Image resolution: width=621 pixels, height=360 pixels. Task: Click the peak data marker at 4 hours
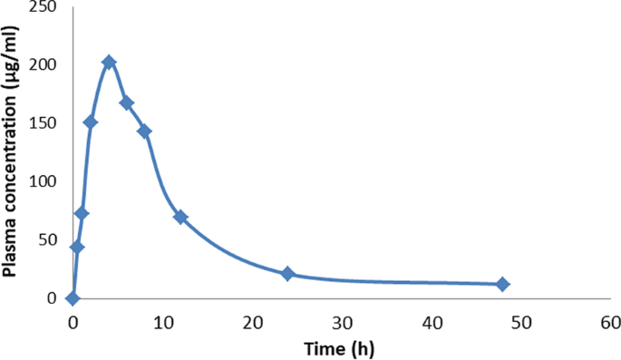click(109, 63)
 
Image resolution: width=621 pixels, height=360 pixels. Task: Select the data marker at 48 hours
click(502, 284)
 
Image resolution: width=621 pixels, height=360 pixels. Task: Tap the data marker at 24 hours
click(287, 273)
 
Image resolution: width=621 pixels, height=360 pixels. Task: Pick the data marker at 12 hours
click(180, 217)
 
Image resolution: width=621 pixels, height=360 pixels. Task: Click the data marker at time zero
click(73, 297)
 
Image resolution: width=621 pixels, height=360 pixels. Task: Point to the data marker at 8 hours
click(144, 131)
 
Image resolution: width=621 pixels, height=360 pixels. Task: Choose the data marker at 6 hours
click(127, 102)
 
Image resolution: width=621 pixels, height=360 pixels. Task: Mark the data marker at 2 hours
click(91, 122)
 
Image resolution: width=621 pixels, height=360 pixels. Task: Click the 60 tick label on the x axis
click(610, 322)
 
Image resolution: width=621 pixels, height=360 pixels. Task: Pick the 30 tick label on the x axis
click(342, 322)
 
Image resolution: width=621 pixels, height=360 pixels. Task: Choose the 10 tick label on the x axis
click(162, 322)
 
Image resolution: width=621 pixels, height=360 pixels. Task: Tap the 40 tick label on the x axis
click(432, 322)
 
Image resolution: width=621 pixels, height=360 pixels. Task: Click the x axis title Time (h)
click(342, 347)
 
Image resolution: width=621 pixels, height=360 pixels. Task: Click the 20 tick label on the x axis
click(252, 322)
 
